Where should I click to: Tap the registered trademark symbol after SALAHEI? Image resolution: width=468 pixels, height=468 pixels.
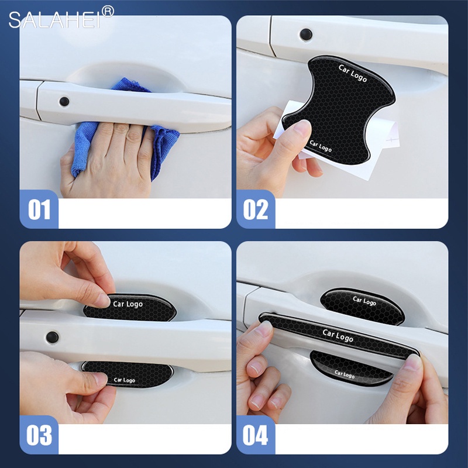click(108, 11)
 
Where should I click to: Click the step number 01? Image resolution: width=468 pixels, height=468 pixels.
click(39, 209)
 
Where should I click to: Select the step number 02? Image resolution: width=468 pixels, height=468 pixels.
click(256, 209)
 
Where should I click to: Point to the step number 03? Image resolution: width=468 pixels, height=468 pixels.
click(39, 436)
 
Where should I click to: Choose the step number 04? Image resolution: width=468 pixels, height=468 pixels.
click(256, 436)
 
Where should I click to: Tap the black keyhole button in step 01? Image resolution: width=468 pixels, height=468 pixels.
click(64, 101)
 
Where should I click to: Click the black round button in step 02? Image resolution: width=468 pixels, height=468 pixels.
click(305, 34)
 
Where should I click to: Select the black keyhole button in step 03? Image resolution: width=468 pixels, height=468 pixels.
click(53, 337)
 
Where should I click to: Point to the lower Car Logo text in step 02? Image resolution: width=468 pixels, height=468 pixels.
click(321, 146)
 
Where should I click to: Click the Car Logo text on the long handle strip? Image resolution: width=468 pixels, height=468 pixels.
click(338, 336)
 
